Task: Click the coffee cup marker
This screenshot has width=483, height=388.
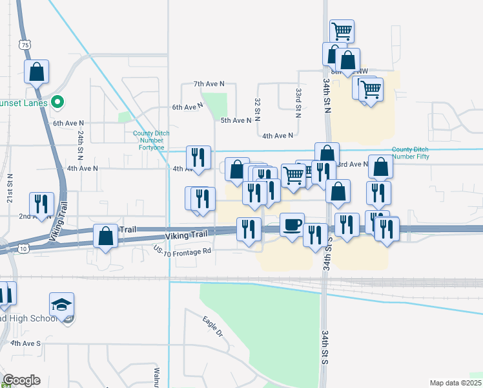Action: point(292,224)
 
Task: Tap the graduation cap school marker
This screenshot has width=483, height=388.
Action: point(62,305)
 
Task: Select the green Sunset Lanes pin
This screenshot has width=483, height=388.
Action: point(57,102)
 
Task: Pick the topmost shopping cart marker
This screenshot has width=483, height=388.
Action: point(342,31)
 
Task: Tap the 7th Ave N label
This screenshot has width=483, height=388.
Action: point(209,84)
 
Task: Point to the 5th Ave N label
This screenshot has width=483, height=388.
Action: point(236,120)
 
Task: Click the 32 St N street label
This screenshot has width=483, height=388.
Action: point(257,107)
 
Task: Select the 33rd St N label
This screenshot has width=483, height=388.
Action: point(299,102)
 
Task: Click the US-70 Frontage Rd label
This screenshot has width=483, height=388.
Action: point(183,251)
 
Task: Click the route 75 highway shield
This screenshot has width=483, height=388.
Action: point(25,45)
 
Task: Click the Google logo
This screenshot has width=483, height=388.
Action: point(21,380)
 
